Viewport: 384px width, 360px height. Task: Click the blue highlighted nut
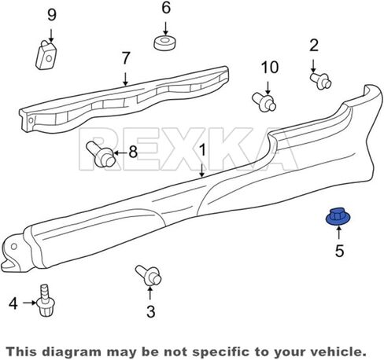(x=338, y=217)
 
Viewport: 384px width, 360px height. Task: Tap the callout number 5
(x=339, y=251)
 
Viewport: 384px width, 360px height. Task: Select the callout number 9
(x=52, y=15)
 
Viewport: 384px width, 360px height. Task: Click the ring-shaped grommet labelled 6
(x=164, y=42)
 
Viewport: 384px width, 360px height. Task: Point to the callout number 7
(x=126, y=58)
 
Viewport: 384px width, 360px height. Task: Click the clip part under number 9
(x=46, y=55)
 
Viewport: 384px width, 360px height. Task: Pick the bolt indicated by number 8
(x=101, y=154)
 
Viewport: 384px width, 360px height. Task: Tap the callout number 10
(x=270, y=68)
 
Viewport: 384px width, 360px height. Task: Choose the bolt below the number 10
(x=264, y=101)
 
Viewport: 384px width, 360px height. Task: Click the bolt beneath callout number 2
(x=320, y=81)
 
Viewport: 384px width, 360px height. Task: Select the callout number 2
(x=314, y=46)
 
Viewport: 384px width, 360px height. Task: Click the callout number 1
(x=202, y=150)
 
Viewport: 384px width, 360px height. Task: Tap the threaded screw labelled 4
(x=46, y=300)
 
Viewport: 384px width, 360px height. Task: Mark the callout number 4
(x=13, y=303)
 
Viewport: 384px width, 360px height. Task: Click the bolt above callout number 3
(x=149, y=275)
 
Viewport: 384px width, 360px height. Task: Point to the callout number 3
(x=151, y=311)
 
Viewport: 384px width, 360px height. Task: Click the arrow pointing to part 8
(x=120, y=152)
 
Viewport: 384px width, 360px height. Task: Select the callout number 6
(x=166, y=8)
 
